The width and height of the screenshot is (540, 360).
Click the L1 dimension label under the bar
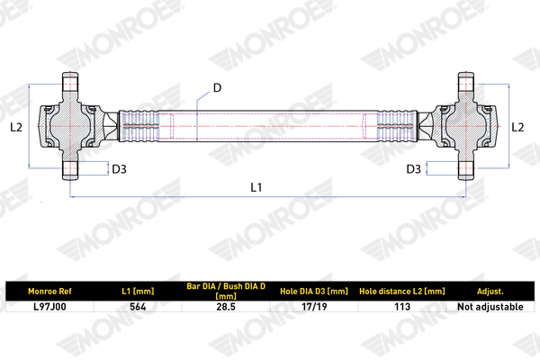pyautogui.click(x=256, y=187)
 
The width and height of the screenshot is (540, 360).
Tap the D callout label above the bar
pyautogui.click(x=217, y=88)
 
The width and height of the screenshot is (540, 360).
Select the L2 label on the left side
pyautogui.click(x=16, y=128)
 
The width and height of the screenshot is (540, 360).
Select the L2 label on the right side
pyautogui.click(x=517, y=128)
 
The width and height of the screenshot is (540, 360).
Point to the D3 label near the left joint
pyautogui.click(x=119, y=169)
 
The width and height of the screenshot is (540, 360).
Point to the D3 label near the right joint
pyautogui.click(x=414, y=169)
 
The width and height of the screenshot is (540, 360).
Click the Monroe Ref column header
pyautogui.click(x=49, y=292)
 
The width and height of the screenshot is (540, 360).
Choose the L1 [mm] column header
pyautogui.click(x=138, y=292)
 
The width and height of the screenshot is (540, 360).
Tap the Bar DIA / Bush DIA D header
pyautogui.click(x=226, y=291)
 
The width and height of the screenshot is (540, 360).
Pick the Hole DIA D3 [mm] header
pyautogui.click(x=314, y=292)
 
